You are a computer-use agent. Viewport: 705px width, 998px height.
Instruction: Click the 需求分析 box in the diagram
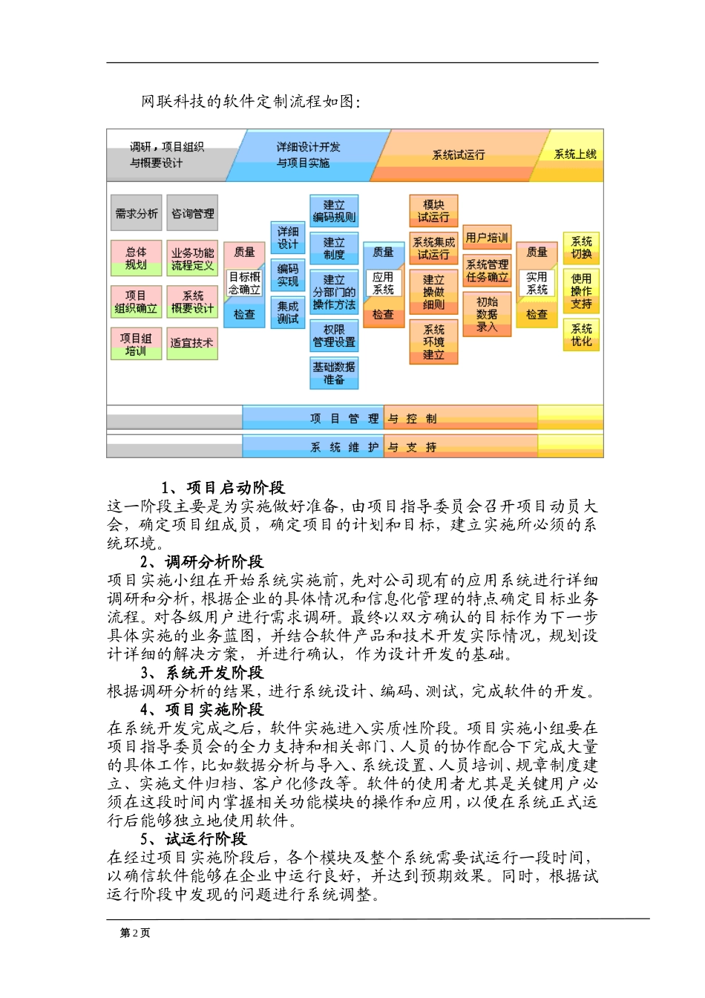[x=137, y=214]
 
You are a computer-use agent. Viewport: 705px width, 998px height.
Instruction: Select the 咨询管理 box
[x=192, y=214]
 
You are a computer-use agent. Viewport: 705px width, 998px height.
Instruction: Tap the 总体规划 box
[x=137, y=258]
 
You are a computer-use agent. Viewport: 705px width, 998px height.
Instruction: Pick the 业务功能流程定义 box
[x=192, y=258]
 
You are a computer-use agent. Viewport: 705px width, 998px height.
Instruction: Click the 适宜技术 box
[x=192, y=343]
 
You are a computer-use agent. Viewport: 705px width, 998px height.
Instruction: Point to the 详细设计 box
[x=288, y=238]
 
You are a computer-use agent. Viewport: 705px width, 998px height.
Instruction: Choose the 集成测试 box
[x=288, y=312]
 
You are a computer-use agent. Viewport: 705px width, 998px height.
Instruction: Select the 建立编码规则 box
[x=334, y=211]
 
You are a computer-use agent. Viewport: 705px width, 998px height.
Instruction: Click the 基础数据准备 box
[x=334, y=373]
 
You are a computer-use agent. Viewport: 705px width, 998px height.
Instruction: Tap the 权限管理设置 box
[x=334, y=336]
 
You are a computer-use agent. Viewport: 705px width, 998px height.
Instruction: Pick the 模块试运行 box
[x=433, y=211]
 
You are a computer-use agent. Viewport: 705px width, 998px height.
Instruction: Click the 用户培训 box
[x=487, y=238]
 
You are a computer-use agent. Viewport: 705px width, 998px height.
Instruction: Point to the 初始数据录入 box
[x=487, y=314]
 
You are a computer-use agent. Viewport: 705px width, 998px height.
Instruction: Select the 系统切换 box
[x=582, y=248]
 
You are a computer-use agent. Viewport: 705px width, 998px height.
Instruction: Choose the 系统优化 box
[x=582, y=335]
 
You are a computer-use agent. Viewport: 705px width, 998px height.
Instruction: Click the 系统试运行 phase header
[x=459, y=155]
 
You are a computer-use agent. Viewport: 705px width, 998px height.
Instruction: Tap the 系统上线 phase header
[x=575, y=154]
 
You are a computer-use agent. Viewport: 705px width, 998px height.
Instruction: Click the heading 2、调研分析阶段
[x=202, y=562]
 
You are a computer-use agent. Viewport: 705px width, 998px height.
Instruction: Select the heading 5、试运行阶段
[x=194, y=839]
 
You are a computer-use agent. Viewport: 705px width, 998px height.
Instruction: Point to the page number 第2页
[x=135, y=933]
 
